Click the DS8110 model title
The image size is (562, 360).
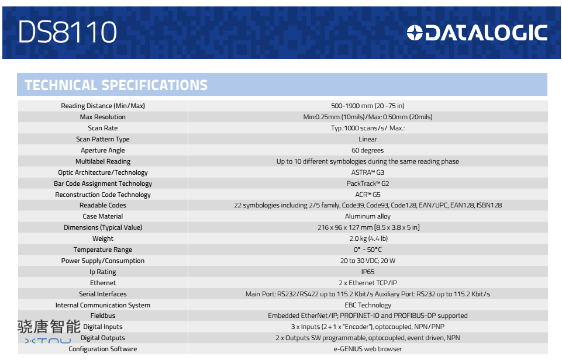(x=67, y=32)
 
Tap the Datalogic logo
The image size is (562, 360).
(x=477, y=33)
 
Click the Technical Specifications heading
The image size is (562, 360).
(x=116, y=85)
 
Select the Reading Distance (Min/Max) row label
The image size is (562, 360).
(x=103, y=106)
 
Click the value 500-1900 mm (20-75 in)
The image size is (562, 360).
(x=368, y=106)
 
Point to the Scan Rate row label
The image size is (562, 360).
(x=103, y=128)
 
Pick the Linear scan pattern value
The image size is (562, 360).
(x=368, y=139)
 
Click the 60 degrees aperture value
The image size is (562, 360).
(x=368, y=150)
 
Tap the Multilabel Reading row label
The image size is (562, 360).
(x=103, y=161)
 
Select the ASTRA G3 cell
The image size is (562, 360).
(x=368, y=172)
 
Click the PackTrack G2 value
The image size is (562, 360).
(x=368, y=184)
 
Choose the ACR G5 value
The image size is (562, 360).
(x=368, y=195)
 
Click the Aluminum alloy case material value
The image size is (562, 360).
(x=368, y=216)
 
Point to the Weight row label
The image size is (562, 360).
(x=103, y=238)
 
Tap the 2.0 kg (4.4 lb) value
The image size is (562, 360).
(x=368, y=238)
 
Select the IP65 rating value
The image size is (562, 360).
(x=368, y=272)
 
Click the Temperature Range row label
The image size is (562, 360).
(x=103, y=250)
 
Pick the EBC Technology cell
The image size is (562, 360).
(x=368, y=305)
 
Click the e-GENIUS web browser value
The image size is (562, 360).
(x=368, y=349)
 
